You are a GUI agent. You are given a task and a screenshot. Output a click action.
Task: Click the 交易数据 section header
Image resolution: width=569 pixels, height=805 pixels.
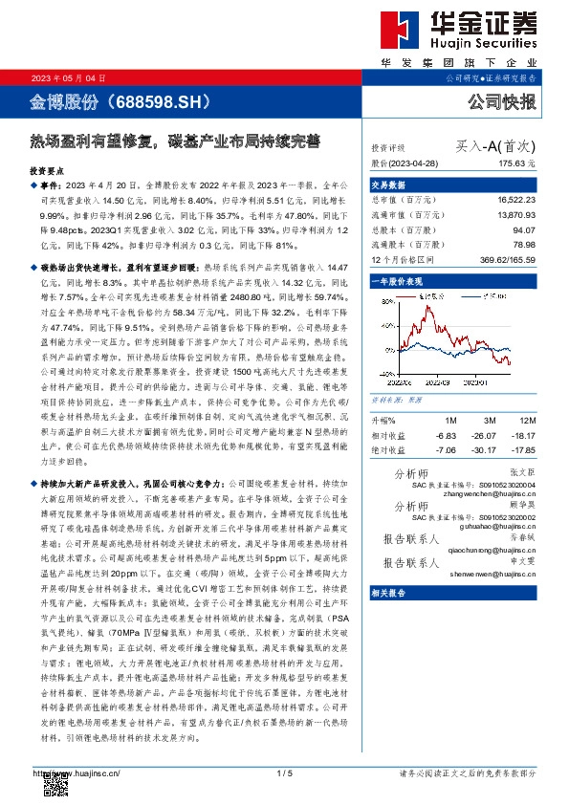coord(387,185)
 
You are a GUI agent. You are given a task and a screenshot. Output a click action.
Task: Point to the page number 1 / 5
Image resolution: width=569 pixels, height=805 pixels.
coord(283,772)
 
